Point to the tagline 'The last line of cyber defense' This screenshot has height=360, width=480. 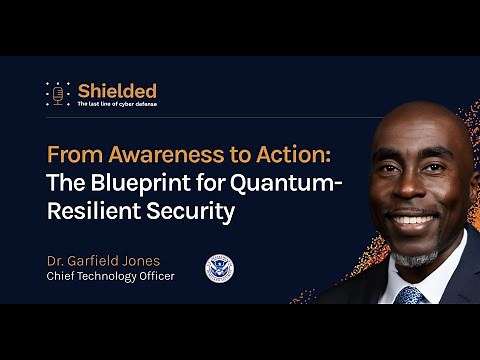pos(117,104)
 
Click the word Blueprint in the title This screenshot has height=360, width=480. pos(132,185)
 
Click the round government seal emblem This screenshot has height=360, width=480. pos(219,268)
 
